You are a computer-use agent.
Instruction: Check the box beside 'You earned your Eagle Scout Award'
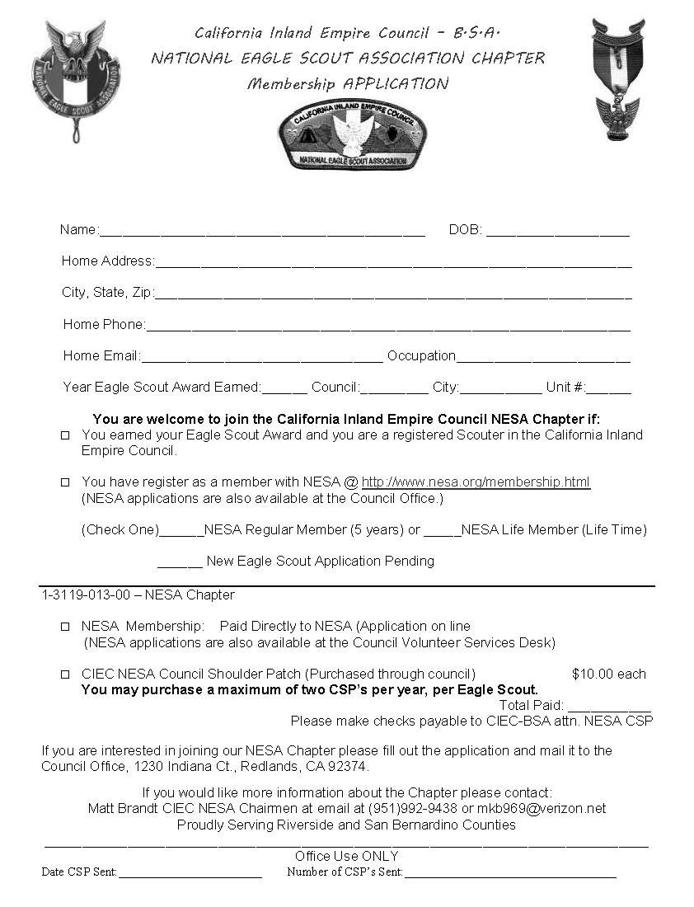(65, 435)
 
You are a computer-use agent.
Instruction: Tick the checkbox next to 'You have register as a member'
(65, 482)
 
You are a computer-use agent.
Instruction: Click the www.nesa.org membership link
(476, 482)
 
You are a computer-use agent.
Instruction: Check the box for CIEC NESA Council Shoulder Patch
(65, 674)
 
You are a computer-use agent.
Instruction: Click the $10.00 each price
(608, 674)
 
